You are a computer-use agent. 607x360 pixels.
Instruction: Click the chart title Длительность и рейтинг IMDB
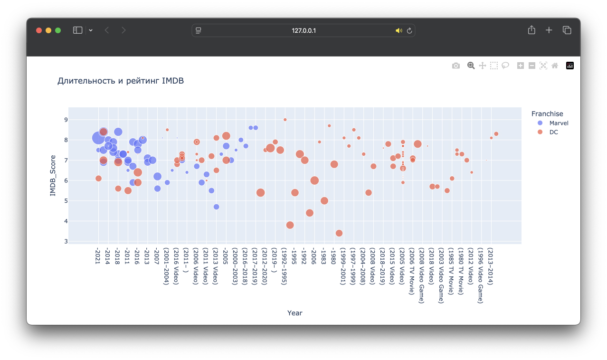[121, 81]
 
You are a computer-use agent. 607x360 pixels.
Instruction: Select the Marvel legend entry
[559, 123]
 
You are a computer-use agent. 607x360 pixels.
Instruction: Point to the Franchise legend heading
[547, 114]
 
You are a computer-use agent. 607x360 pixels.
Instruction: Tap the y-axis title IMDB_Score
[53, 175]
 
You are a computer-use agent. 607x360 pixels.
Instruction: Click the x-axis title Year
[294, 313]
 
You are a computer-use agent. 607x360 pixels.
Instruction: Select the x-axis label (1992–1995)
[284, 266]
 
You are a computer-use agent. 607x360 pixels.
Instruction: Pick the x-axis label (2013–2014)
[490, 266]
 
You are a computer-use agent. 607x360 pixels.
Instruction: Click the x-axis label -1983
[323, 257]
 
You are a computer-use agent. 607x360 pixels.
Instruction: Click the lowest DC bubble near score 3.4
[339, 233]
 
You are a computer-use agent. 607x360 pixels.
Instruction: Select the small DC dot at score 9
[285, 120]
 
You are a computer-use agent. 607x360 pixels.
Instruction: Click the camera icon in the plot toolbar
[456, 66]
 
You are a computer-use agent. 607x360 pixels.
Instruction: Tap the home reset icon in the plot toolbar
[555, 66]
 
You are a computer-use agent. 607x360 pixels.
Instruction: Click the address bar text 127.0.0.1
[303, 30]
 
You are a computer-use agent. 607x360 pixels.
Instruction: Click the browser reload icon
[409, 30]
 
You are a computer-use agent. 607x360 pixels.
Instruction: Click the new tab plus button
[549, 30]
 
